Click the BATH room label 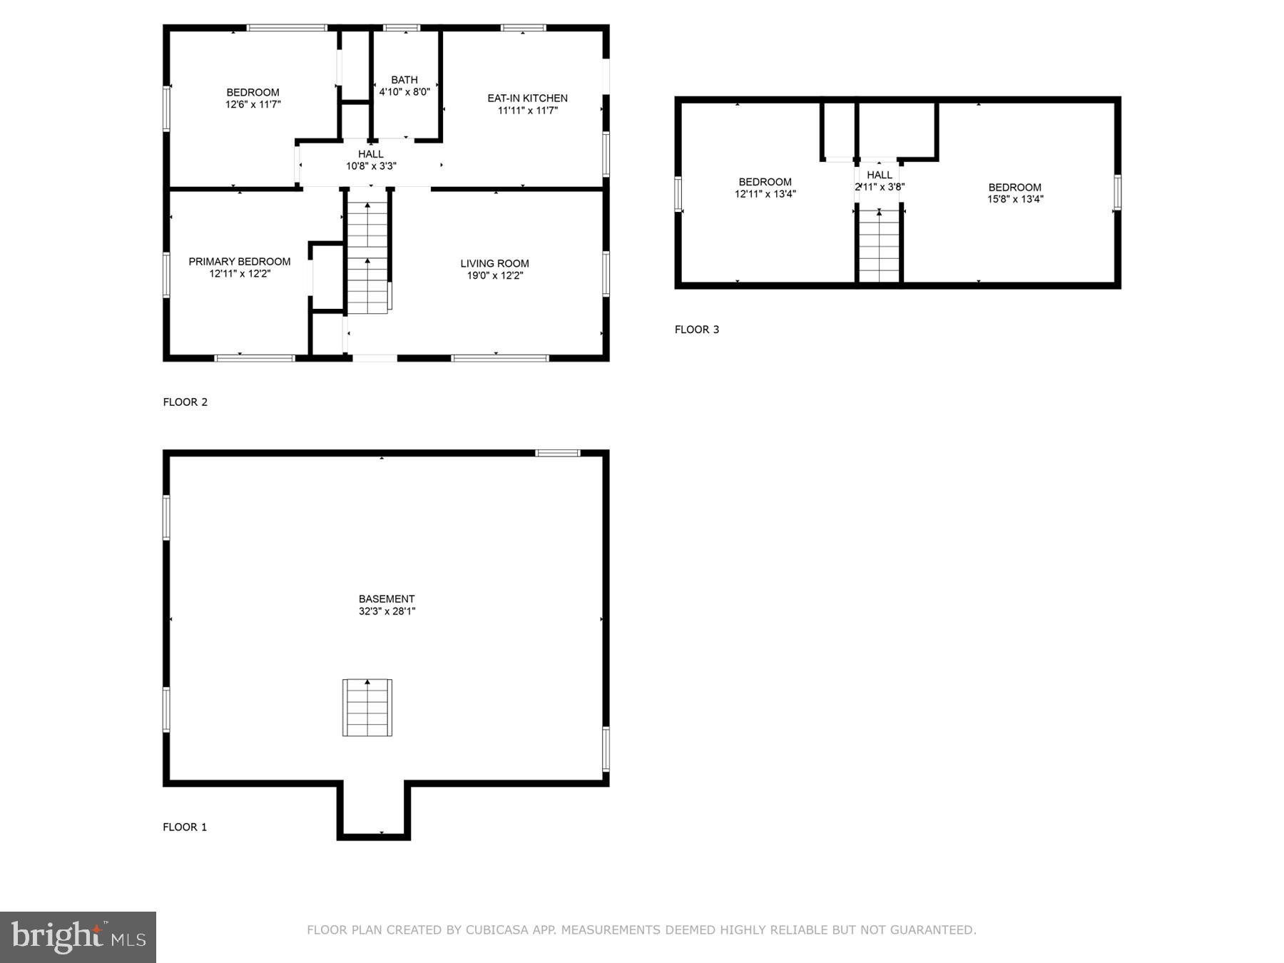[x=404, y=80]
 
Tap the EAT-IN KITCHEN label [x=527, y=98]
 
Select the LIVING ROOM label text [x=494, y=264]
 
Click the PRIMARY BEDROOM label [x=240, y=262]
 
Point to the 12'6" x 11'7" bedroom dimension [x=253, y=105]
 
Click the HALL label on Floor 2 [x=371, y=154]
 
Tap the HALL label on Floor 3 [x=880, y=175]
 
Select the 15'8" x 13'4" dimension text [x=1015, y=200]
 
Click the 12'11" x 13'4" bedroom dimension [x=765, y=194]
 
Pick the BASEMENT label [x=387, y=599]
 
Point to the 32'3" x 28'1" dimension [x=387, y=611]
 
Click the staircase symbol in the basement [x=367, y=708]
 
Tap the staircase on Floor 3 [x=880, y=246]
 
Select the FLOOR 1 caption [x=185, y=827]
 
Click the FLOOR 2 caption [x=185, y=402]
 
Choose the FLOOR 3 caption [x=697, y=330]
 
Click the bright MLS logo [x=78, y=937]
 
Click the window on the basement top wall [x=558, y=453]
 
